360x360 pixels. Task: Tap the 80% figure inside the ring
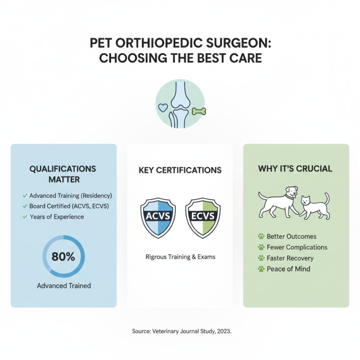point(63,257)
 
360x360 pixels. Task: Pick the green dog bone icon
point(198,110)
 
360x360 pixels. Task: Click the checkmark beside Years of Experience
point(24,217)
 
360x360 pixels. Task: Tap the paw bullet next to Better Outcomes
point(261,236)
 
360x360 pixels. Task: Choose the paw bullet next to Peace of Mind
point(261,269)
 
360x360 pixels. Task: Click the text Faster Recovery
point(290,258)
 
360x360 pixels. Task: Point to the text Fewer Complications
point(297,247)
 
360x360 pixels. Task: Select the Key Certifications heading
point(180,171)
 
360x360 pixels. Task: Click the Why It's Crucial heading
point(295,169)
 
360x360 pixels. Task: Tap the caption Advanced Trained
point(64,285)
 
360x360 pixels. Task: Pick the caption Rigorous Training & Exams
point(180,257)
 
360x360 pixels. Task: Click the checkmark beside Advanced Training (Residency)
point(24,196)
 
